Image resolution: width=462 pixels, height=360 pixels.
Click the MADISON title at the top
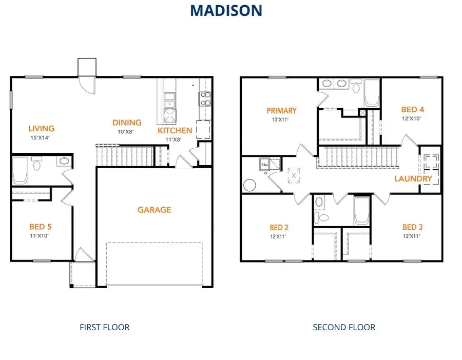click(x=226, y=10)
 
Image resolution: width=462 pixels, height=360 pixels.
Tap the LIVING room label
click(x=41, y=128)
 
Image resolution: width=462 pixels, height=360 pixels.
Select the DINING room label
click(x=127, y=123)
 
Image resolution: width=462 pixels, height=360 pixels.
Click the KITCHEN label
click(x=175, y=130)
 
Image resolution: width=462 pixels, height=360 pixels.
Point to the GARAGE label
click(x=154, y=210)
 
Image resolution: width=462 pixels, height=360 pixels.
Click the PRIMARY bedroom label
click(x=281, y=111)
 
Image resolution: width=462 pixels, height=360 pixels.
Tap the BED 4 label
click(x=413, y=109)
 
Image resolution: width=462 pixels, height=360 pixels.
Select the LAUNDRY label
click(x=413, y=179)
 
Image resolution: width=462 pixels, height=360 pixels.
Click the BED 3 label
click(x=413, y=227)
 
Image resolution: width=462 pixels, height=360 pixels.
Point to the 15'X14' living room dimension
click(x=41, y=137)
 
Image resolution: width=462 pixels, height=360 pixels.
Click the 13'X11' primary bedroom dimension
click(x=281, y=120)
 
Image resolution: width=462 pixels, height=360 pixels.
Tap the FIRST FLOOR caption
click(x=105, y=327)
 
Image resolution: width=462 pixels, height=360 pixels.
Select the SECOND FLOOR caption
click(x=344, y=327)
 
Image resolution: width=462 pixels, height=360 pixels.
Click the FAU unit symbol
click(x=265, y=165)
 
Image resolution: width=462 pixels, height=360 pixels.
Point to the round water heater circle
click(x=250, y=185)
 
